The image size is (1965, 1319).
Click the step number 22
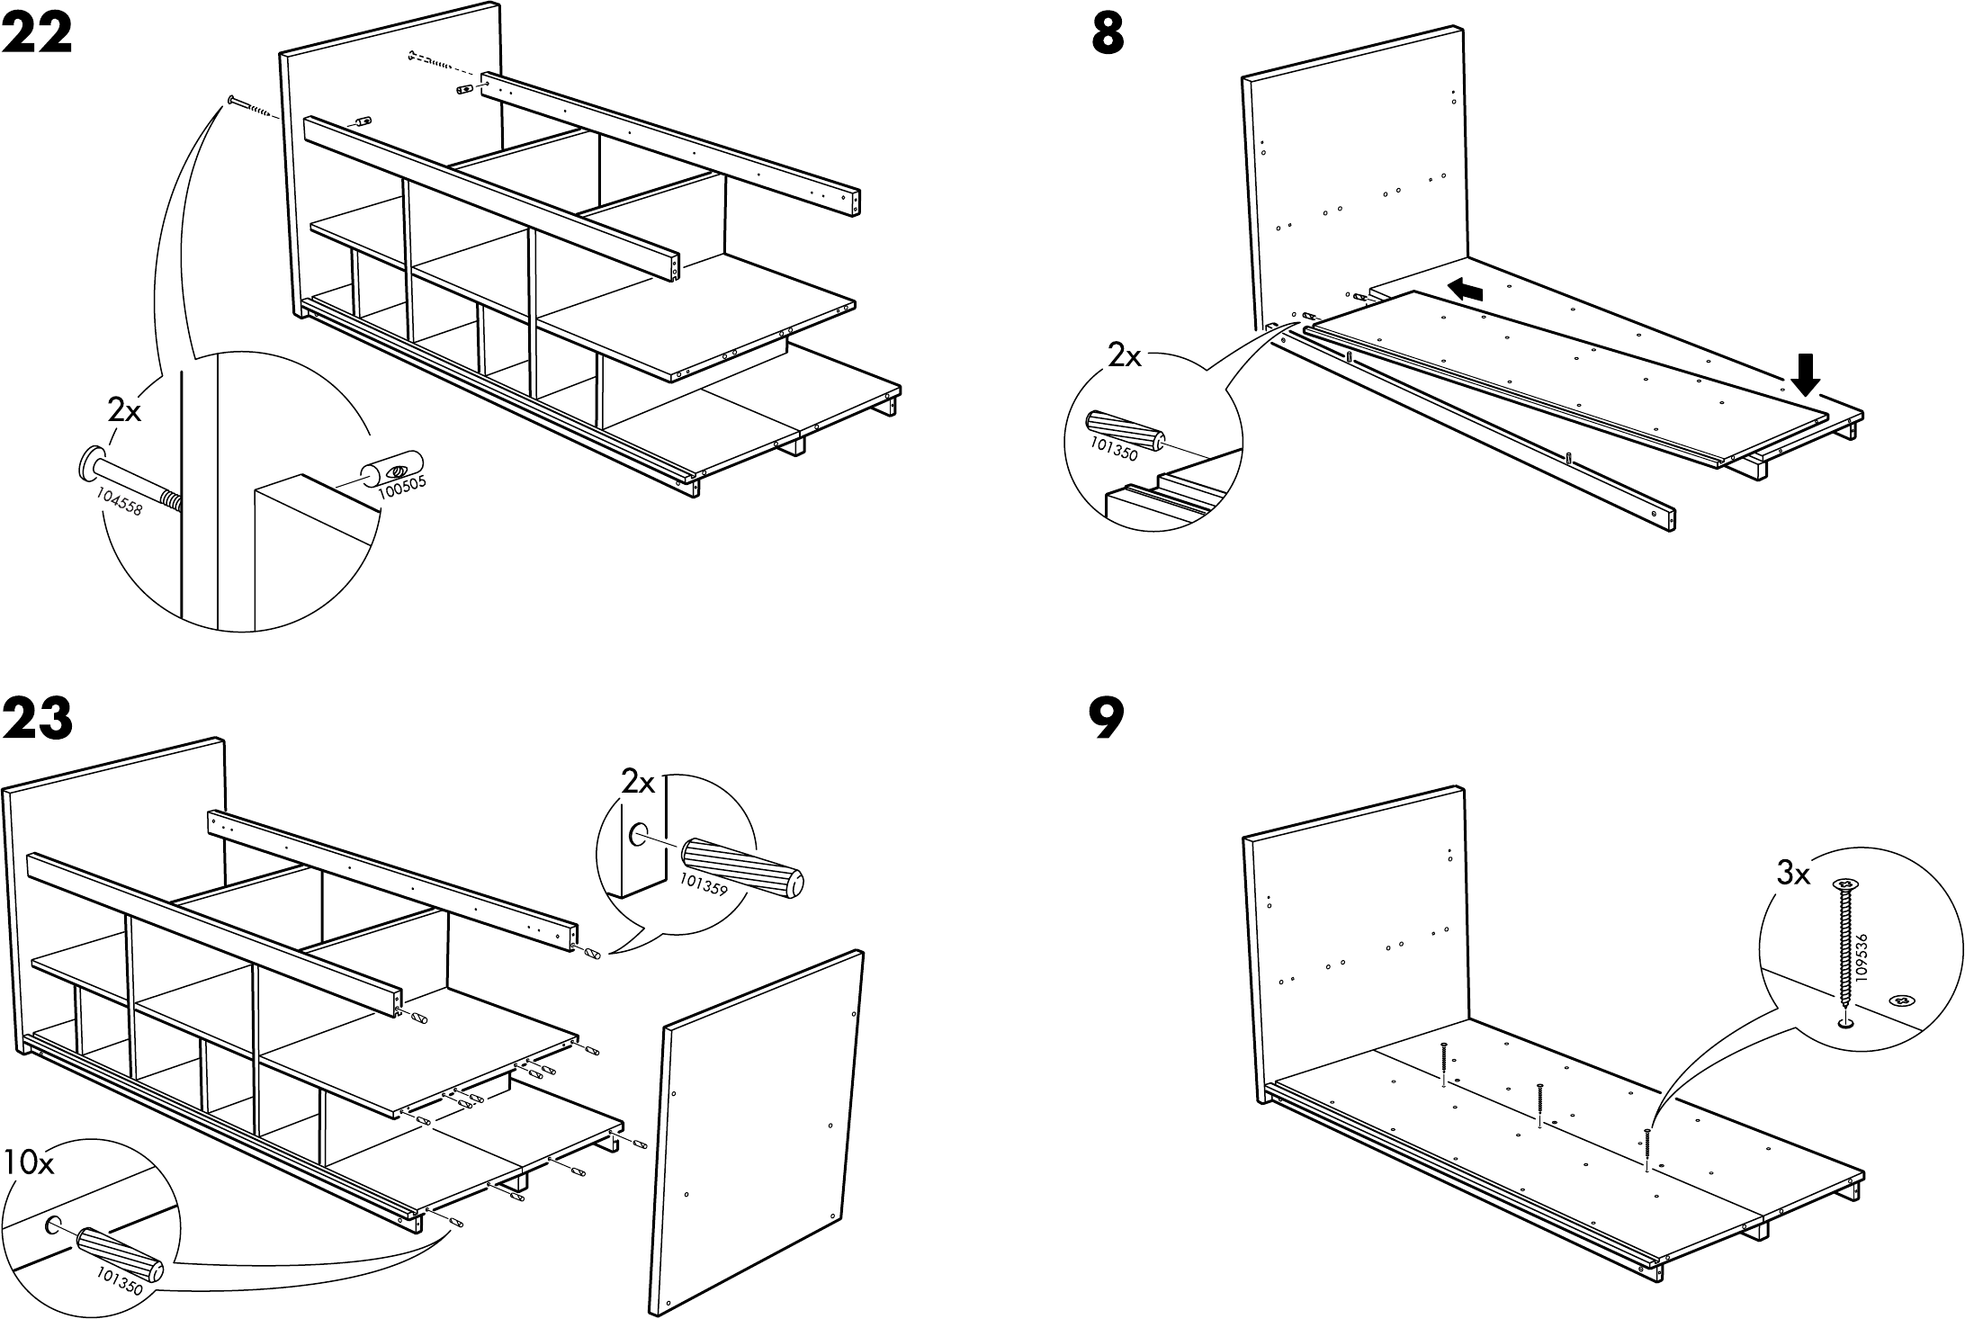pyautogui.click(x=37, y=37)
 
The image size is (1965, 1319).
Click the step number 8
pyautogui.click(x=1108, y=37)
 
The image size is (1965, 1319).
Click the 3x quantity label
pyautogui.click(x=1793, y=873)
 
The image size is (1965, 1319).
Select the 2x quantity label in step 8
pyautogui.click(x=1124, y=357)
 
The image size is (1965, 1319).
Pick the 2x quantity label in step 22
pyautogui.click(x=125, y=411)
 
